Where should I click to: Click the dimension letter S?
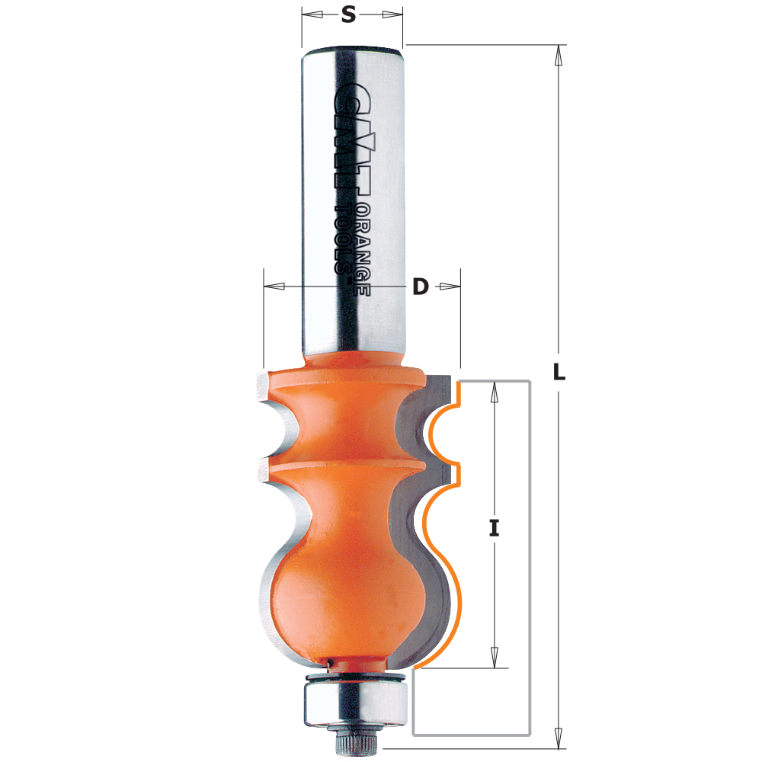[x=348, y=14]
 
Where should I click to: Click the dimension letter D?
[x=420, y=287]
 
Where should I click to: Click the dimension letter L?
[x=559, y=373]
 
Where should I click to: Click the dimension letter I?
[x=494, y=527]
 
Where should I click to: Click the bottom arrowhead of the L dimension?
[x=559, y=738]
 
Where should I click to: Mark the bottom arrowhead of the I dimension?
[x=494, y=657]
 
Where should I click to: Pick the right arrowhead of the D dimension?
[x=450, y=287]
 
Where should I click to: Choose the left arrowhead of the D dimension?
[x=274, y=287]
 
